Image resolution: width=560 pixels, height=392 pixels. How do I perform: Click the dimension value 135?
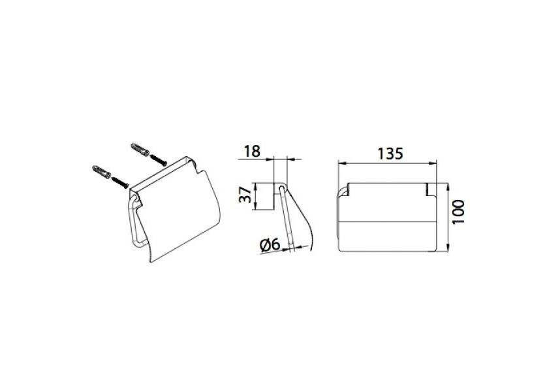(x=390, y=154)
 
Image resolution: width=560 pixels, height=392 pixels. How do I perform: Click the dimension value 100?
(x=458, y=212)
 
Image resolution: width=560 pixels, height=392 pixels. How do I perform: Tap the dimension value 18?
(x=252, y=151)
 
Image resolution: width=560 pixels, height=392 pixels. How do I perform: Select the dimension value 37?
(x=245, y=195)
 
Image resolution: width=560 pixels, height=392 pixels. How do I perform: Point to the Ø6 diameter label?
(x=270, y=245)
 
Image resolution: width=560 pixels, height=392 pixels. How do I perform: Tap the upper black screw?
(x=158, y=160)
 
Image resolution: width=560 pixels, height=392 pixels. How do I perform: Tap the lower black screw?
(x=119, y=182)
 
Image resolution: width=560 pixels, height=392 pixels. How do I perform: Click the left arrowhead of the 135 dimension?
(x=341, y=163)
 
